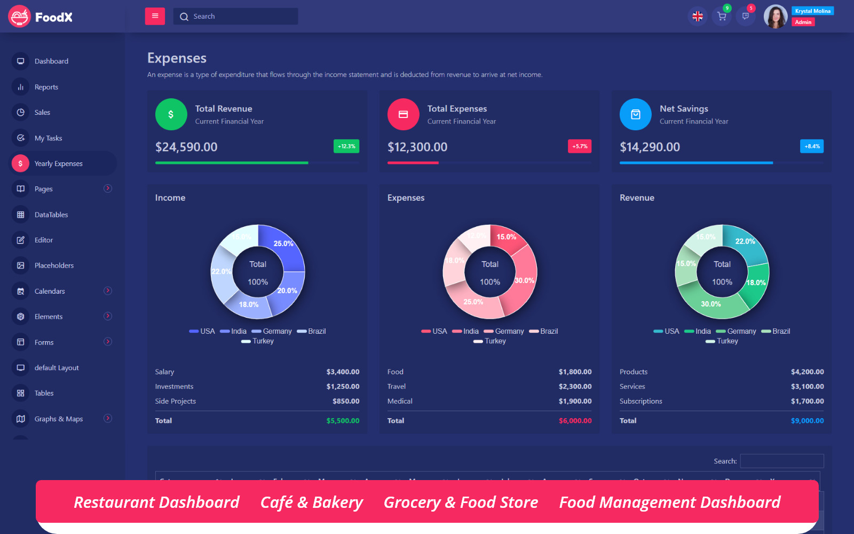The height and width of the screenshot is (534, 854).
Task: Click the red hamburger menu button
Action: (x=155, y=16)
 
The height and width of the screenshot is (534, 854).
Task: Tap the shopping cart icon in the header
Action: (x=722, y=17)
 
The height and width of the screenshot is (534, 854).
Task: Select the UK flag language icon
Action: (x=698, y=17)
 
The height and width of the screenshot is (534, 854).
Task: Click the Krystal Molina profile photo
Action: (x=776, y=17)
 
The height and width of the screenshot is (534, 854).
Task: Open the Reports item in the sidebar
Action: (x=46, y=87)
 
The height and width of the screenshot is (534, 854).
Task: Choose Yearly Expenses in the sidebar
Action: (x=59, y=163)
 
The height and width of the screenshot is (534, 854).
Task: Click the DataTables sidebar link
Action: (x=51, y=215)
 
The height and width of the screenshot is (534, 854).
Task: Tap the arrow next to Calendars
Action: (x=108, y=290)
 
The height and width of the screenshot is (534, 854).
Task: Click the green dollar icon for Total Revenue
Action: (x=171, y=114)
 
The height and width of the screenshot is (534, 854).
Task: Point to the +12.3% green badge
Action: (x=346, y=146)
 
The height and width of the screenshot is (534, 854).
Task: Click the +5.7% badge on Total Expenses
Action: (x=580, y=146)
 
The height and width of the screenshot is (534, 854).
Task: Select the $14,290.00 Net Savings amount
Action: (x=650, y=147)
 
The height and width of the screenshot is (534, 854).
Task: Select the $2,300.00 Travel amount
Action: (x=575, y=386)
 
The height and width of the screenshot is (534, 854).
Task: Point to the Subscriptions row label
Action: (x=640, y=401)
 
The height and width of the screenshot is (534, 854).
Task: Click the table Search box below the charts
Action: (x=781, y=461)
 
